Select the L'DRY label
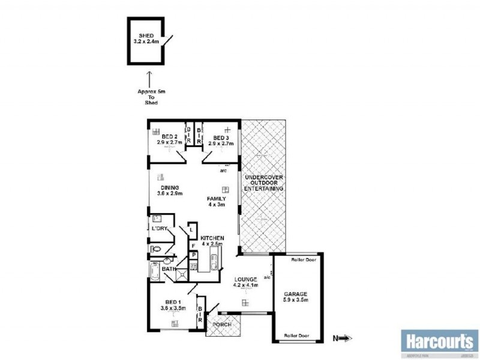coord(159,229)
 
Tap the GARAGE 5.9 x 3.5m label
coord(295,297)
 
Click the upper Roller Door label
coord(303,260)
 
